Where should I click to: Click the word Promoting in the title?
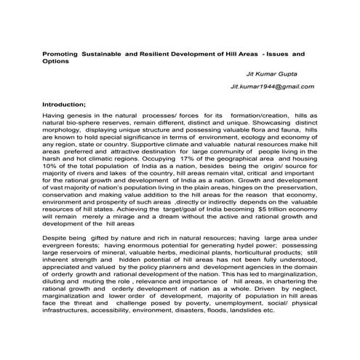(62, 54)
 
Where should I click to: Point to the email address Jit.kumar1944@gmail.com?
(272, 87)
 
